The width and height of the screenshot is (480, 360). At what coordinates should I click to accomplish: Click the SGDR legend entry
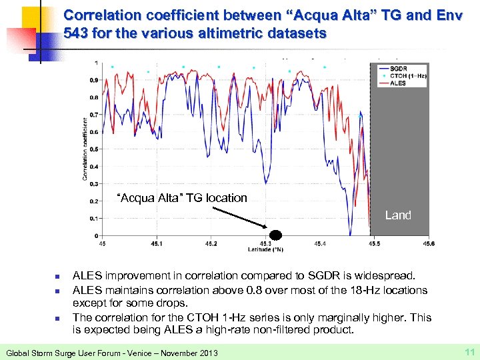(399, 69)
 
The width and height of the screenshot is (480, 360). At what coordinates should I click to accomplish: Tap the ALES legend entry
(398, 83)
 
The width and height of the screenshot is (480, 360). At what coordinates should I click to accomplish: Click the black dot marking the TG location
(275, 235)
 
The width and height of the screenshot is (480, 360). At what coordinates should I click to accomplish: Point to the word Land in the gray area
(398, 215)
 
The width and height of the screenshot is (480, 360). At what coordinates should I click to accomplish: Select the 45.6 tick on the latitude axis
(427, 244)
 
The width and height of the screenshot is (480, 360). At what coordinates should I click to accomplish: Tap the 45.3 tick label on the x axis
(265, 244)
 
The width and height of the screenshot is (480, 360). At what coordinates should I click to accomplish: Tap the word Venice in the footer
(139, 352)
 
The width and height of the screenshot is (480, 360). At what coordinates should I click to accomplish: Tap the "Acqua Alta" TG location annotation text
(181, 198)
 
